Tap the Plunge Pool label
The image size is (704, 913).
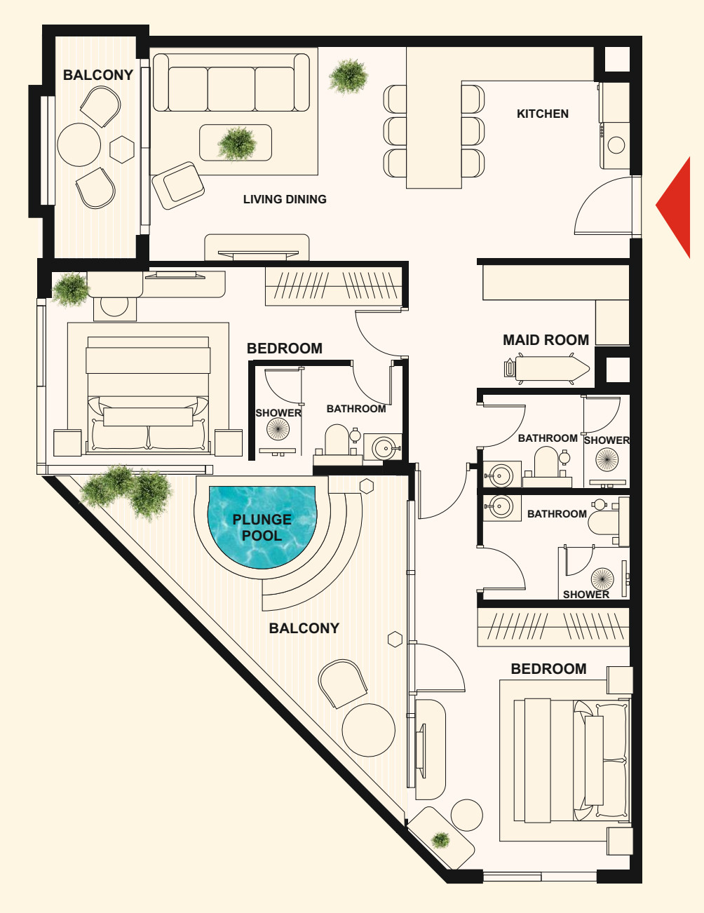click(262, 528)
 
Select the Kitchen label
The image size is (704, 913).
click(542, 114)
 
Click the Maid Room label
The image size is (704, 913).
click(546, 340)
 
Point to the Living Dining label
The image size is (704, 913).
click(285, 199)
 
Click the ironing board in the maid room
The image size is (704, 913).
click(548, 369)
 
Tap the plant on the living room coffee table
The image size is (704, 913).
click(237, 144)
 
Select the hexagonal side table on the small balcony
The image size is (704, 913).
click(122, 149)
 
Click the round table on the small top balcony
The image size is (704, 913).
click(79, 144)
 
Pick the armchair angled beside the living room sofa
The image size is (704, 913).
click(178, 185)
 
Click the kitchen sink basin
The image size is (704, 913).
click(616, 145)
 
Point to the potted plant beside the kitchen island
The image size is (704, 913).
click(348, 76)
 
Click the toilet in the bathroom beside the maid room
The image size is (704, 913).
click(546, 461)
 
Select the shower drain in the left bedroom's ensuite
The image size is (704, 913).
click(278, 429)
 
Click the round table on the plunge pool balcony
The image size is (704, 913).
click(368, 730)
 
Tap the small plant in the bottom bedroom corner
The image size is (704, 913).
click(440, 840)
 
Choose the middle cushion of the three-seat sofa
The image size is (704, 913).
click(231, 88)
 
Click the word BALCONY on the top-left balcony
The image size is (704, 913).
click(98, 75)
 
